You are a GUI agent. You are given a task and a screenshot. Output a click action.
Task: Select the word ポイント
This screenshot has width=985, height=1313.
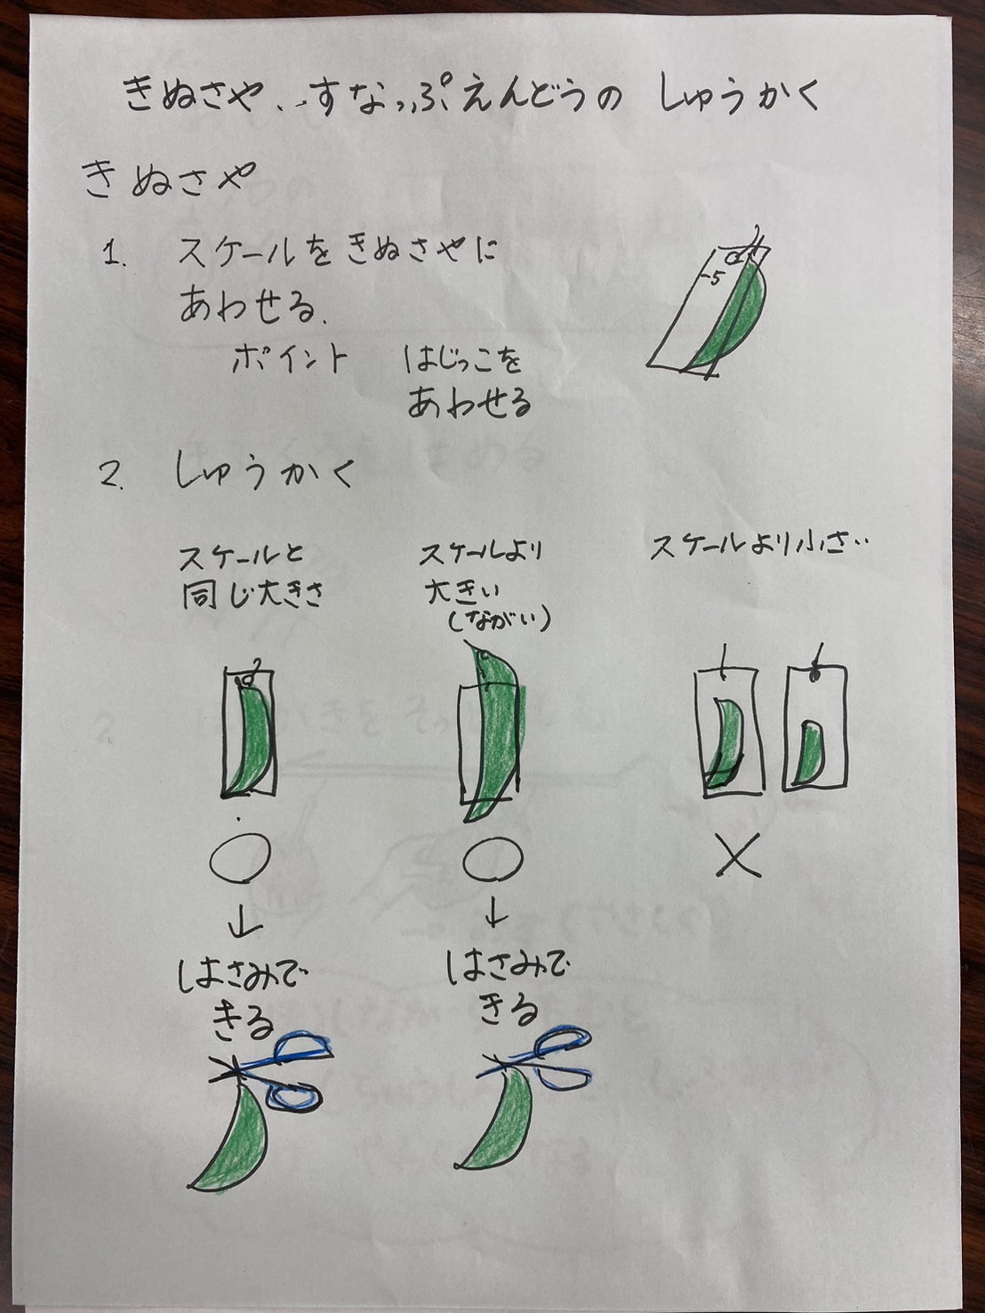click(289, 359)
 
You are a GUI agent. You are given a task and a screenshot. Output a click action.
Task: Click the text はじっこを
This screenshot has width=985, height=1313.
click(462, 362)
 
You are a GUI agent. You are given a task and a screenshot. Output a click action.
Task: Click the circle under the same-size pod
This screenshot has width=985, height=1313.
click(240, 860)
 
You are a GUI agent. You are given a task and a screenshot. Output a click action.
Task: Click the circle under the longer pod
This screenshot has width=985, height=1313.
click(492, 858)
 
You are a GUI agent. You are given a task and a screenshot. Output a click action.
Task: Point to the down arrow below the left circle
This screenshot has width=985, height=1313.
click(239, 925)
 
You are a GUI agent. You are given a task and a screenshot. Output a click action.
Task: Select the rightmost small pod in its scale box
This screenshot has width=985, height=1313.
click(812, 750)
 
